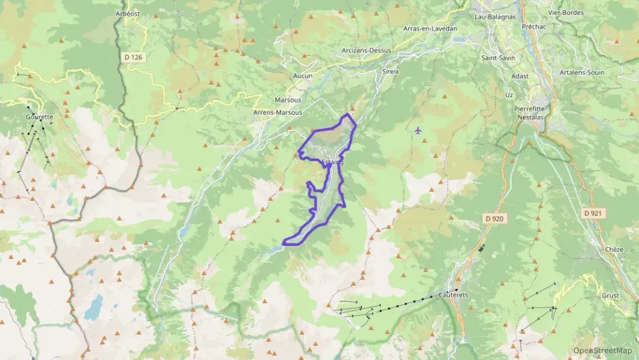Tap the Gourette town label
39,117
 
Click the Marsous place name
287,99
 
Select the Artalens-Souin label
582,72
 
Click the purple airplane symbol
418,130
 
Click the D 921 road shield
593,214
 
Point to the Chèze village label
614,250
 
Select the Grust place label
610,296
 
